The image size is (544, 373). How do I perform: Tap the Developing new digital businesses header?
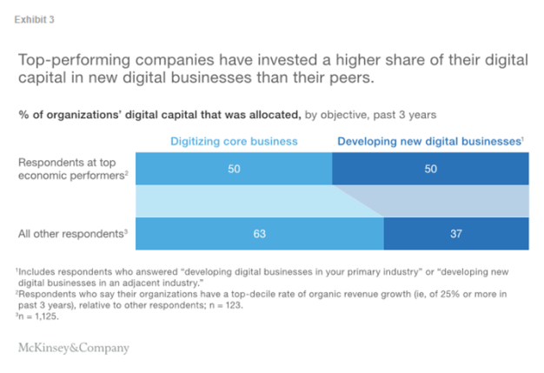click(430, 140)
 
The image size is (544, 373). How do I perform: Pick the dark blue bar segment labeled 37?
click(456, 233)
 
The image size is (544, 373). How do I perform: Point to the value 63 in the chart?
click(259, 233)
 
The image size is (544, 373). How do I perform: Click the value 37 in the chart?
click(456, 233)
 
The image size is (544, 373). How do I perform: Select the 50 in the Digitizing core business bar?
click(234, 169)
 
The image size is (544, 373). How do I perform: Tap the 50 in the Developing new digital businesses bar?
click(431, 169)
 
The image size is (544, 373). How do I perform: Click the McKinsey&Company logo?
click(73, 348)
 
